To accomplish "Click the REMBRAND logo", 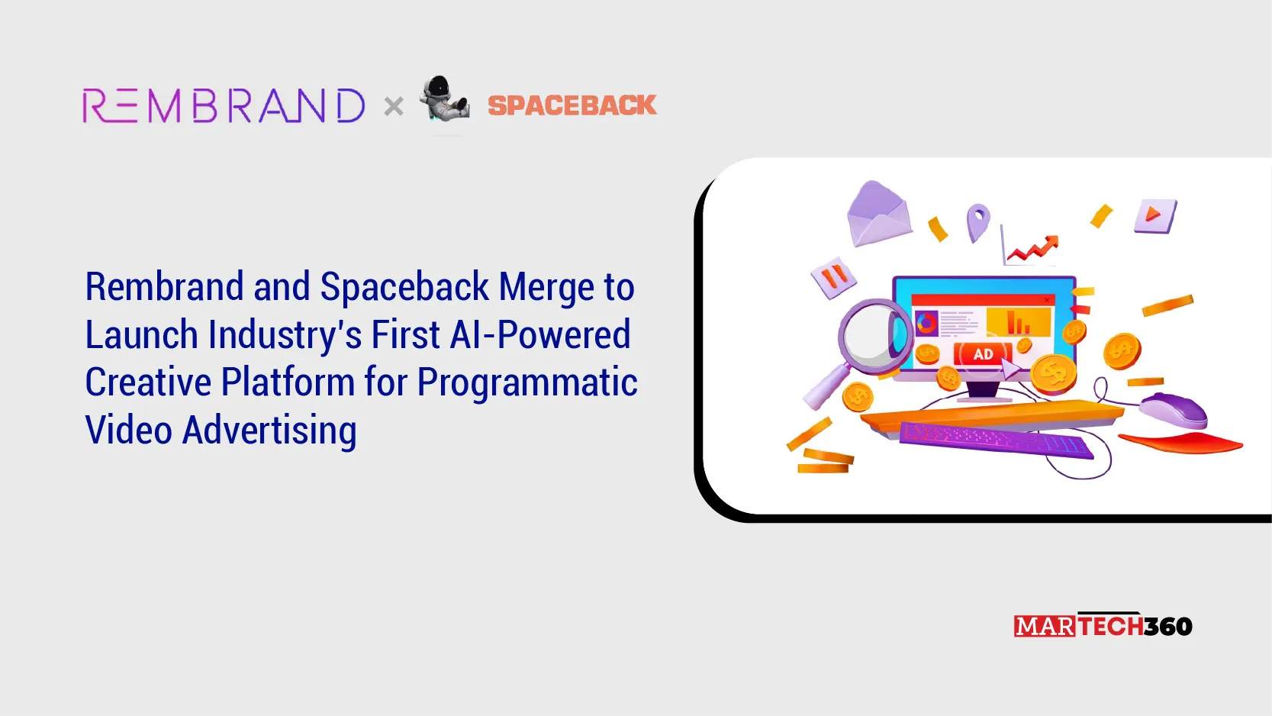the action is point(223,105).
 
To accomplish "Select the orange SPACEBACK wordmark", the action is point(572,105).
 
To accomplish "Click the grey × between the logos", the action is point(394,106).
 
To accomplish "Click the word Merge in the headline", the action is point(546,286).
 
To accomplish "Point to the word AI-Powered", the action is point(540,334).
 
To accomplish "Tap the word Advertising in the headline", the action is point(269,431).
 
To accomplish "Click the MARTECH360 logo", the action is point(1103,625).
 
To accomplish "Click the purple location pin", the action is point(978,222).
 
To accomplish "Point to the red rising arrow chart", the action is point(1031,247).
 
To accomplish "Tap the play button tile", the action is point(1155,215).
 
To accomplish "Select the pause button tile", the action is point(833,277).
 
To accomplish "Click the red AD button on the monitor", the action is point(983,354).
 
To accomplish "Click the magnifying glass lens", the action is point(873,335).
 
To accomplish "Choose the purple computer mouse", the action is point(1174,409).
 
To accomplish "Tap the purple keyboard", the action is point(997,440).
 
